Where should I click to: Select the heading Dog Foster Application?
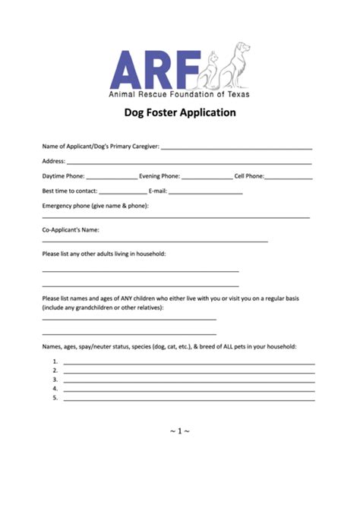[180, 112]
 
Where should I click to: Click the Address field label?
[53, 161]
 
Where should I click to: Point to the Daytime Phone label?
[64, 176]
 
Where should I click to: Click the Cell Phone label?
[249, 176]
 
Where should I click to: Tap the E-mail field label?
[157, 191]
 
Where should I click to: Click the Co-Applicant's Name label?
[71, 229]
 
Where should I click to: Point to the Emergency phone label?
[95, 206]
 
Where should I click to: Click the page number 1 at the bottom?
[180, 432]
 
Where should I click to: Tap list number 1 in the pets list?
[55, 361]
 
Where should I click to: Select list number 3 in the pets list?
[55, 379]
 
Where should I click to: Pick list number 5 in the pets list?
[55, 396]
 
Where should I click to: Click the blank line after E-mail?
[205, 193]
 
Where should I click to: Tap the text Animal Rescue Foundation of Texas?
[179, 94]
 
